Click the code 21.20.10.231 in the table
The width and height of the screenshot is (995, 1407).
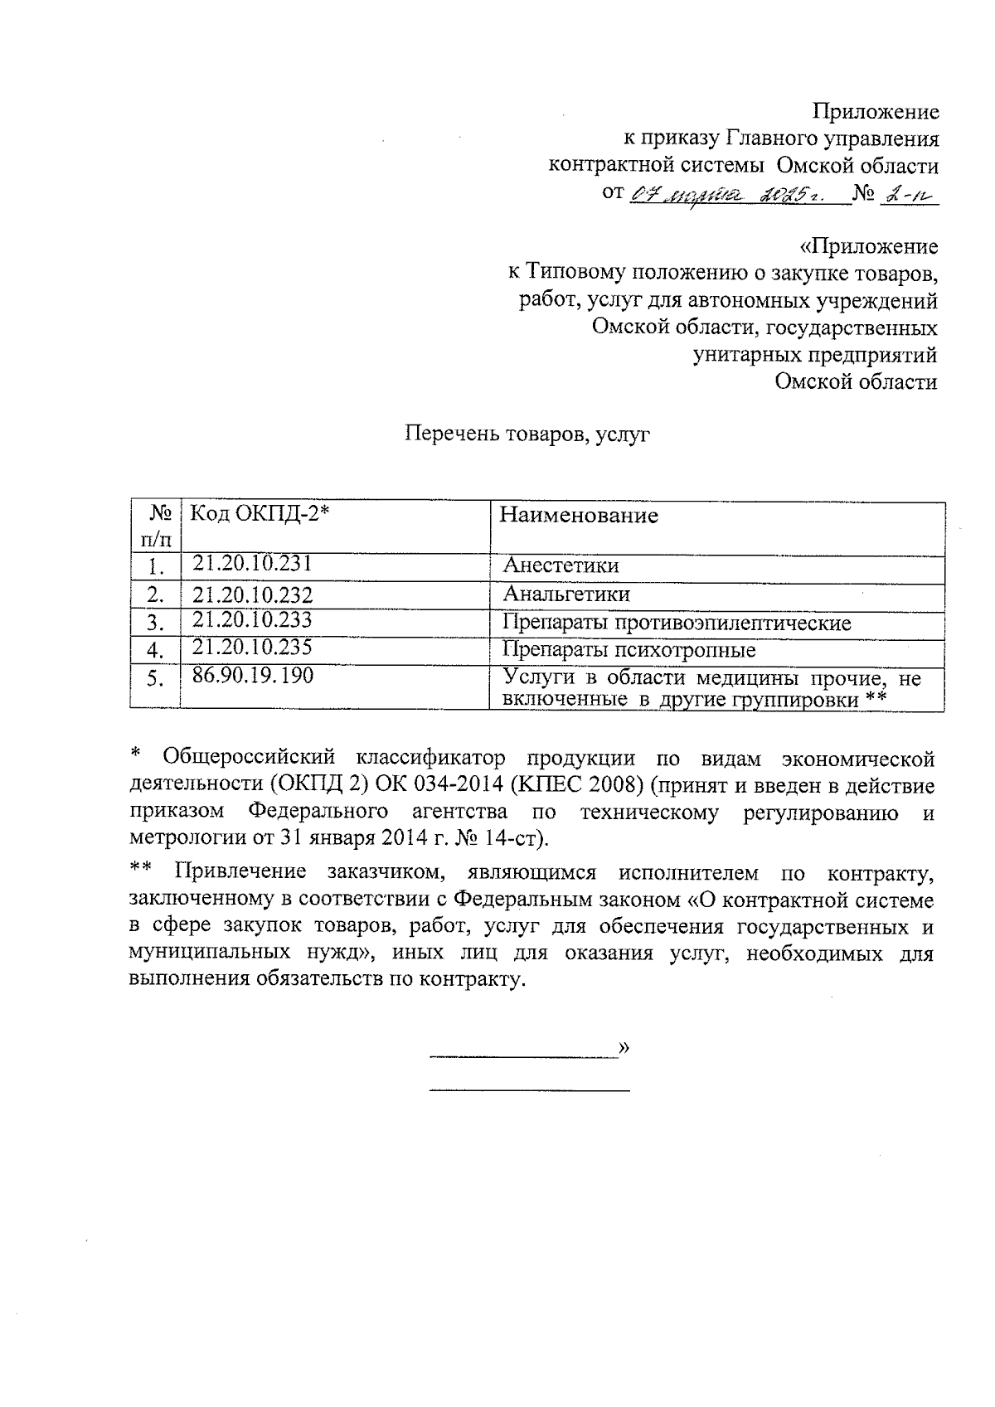coord(251,564)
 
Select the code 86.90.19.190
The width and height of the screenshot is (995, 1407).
coord(253,676)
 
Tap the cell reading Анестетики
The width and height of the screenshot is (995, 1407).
coord(561,566)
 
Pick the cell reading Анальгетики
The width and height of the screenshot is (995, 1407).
coord(566,594)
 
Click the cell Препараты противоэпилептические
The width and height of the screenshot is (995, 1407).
coord(677,623)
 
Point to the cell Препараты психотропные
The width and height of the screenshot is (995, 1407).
coord(629,649)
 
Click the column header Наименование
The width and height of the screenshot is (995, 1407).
coord(578,516)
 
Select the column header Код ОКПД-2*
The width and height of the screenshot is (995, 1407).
coord(260,514)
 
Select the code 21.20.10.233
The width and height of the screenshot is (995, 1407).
coord(252,619)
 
